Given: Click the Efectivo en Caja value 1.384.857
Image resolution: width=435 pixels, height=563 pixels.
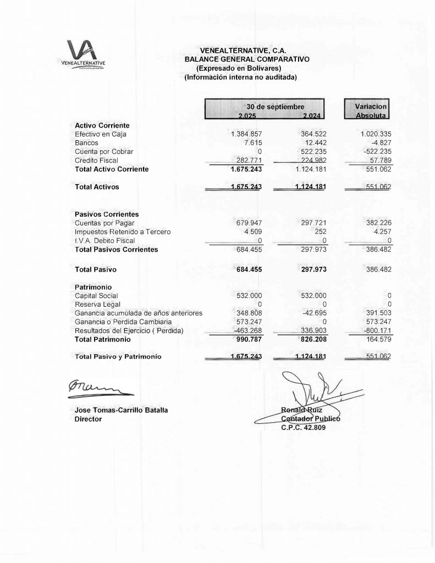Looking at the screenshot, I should (246, 134).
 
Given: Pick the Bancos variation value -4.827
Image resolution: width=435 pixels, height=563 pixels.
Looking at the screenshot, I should (380, 143).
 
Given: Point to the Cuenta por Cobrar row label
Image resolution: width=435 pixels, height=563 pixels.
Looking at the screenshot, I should (104, 151).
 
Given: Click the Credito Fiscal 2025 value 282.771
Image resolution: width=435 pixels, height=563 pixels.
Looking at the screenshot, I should (248, 160).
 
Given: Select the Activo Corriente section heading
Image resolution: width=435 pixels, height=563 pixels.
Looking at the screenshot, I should (102, 126).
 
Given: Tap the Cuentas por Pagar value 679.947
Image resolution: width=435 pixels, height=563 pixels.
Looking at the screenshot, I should (248, 223).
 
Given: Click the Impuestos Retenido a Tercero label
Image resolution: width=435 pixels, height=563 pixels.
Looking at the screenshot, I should (122, 232).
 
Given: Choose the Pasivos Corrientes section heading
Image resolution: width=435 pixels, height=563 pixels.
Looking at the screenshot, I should (106, 214).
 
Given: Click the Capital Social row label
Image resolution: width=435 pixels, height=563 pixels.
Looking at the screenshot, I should (97, 296).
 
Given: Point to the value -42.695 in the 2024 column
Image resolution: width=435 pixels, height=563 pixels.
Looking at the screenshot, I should (312, 313).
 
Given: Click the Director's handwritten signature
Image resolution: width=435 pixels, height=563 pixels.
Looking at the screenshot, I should (98, 388).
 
